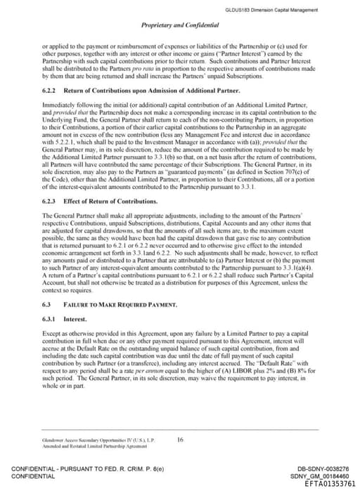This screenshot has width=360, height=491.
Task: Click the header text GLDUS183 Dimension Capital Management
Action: click(x=281, y=10)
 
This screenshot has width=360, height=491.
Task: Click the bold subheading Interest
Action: click(x=75, y=318)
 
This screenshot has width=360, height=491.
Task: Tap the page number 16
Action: click(x=180, y=440)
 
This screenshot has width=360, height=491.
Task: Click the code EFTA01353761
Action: click(x=330, y=484)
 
